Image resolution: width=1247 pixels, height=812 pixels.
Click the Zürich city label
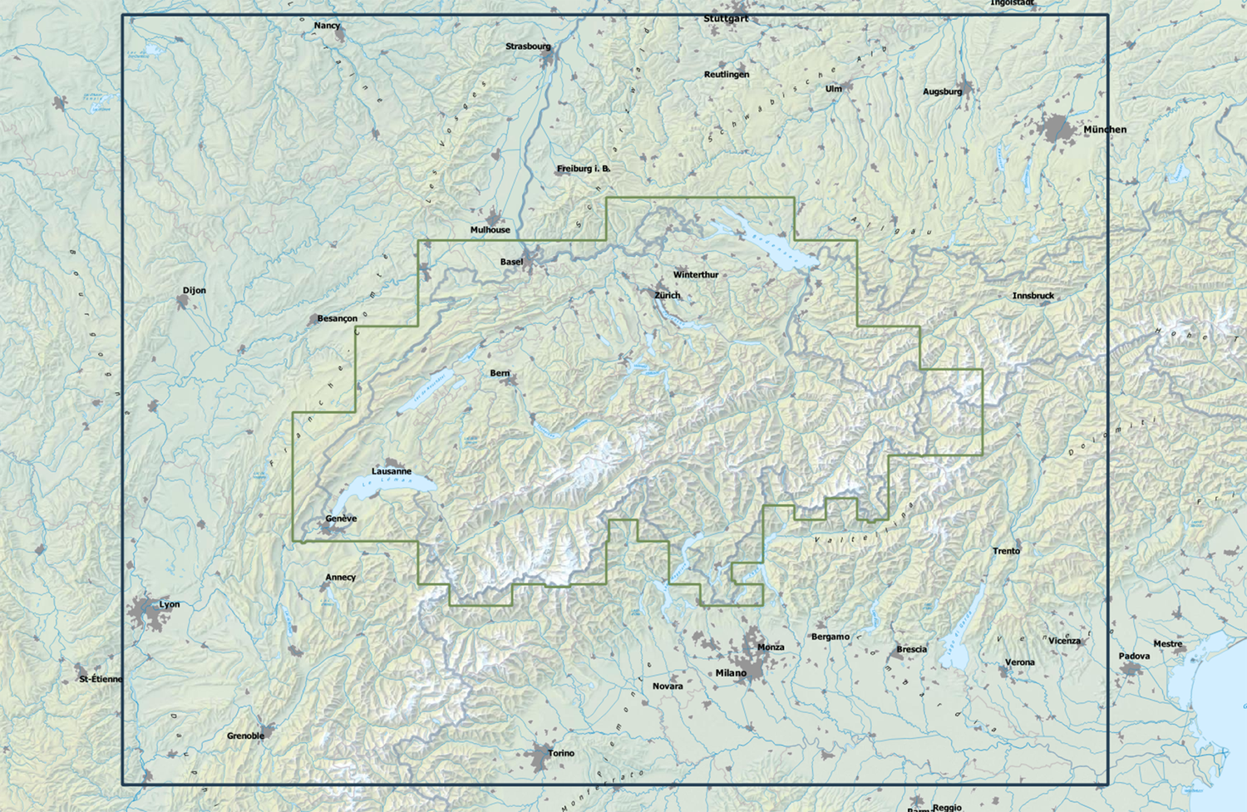tap(667, 295)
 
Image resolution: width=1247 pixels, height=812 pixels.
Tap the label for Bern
tap(500, 373)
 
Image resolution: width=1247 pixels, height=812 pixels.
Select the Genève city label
tap(341, 519)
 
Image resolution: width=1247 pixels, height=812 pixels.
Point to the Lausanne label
tap(391, 471)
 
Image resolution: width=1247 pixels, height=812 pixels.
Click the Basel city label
tap(511, 262)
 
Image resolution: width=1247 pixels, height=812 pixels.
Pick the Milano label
tap(731, 673)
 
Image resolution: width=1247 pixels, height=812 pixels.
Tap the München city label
tap(1105, 130)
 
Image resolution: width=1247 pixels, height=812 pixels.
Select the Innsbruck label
tap(1033, 296)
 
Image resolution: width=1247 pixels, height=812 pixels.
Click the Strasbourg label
tap(528, 47)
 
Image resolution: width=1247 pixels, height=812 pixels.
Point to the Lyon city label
tap(170, 604)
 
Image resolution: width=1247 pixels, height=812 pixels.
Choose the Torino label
tap(561, 753)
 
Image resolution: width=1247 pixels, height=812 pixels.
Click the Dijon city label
tap(195, 291)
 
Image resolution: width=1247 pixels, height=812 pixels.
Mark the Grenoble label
tap(245, 736)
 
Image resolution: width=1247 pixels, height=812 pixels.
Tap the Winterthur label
tap(696, 275)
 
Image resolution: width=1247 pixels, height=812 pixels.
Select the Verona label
tap(1020, 662)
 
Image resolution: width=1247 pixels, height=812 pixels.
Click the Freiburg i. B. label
tap(583, 169)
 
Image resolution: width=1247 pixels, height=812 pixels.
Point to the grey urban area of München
tap(1057, 129)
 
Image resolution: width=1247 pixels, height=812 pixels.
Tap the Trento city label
tap(1006, 551)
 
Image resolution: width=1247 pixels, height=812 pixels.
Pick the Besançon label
tap(337, 319)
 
